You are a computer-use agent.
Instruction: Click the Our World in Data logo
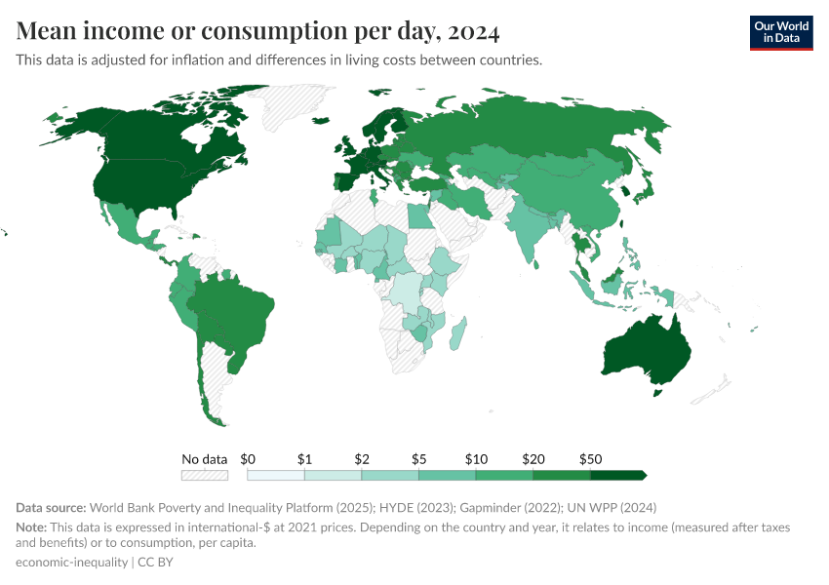780,32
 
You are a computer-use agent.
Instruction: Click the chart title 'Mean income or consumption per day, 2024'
258,31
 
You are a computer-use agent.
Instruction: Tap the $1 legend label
304,458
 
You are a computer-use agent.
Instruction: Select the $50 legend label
590,458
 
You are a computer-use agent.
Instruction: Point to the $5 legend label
418,458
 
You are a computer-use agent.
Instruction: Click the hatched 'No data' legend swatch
205,475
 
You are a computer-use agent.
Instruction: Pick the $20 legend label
533,458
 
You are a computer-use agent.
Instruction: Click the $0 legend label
248,458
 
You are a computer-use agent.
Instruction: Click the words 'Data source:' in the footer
52,508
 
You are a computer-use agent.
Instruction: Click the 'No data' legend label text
205,458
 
